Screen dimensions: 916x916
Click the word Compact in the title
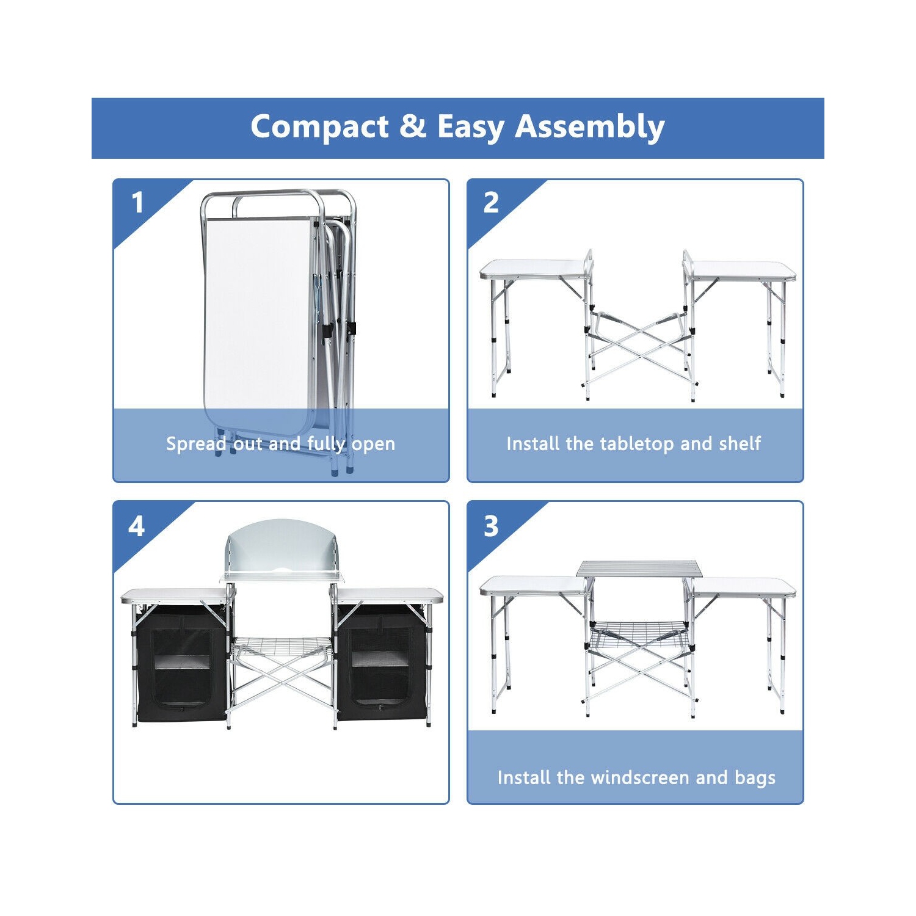(x=319, y=128)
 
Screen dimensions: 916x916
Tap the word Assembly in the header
(x=590, y=128)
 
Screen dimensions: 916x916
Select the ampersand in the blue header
(x=413, y=126)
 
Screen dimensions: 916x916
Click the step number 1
(x=137, y=202)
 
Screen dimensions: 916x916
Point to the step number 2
(x=491, y=202)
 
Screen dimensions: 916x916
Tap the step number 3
(x=491, y=526)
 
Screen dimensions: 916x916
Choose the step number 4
(x=137, y=526)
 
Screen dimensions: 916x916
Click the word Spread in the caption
(x=196, y=444)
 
